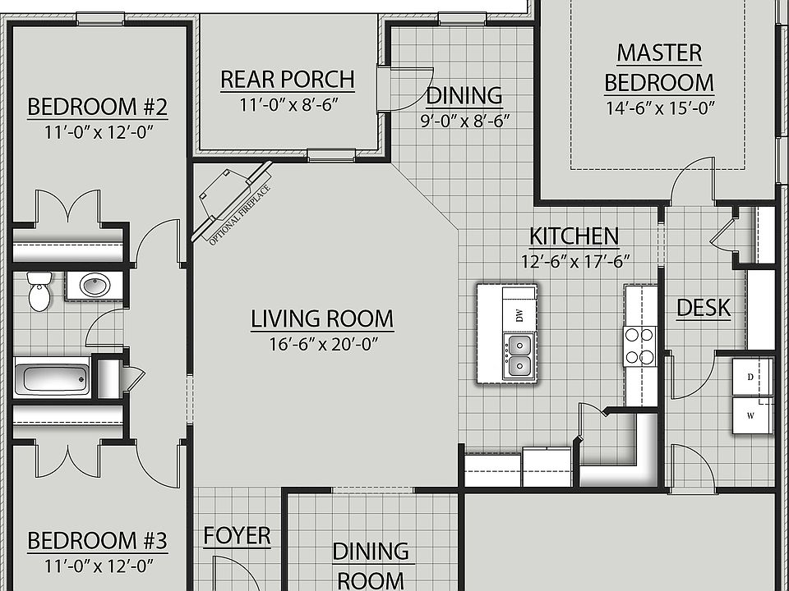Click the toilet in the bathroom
(39, 291)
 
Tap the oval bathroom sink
(94, 286)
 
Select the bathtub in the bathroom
(52, 379)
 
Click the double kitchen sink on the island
(519, 355)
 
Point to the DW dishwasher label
(519, 315)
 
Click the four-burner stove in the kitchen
(639, 346)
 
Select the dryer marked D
(751, 377)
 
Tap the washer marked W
(751, 415)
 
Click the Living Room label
(322, 318)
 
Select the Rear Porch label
(287, 80)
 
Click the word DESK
(703, 308)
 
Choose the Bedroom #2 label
(97, 107)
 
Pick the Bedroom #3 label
(97, 541)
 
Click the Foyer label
(237, 536)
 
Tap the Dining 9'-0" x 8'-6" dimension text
(464, 121)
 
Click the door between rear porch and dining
(384, 89)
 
